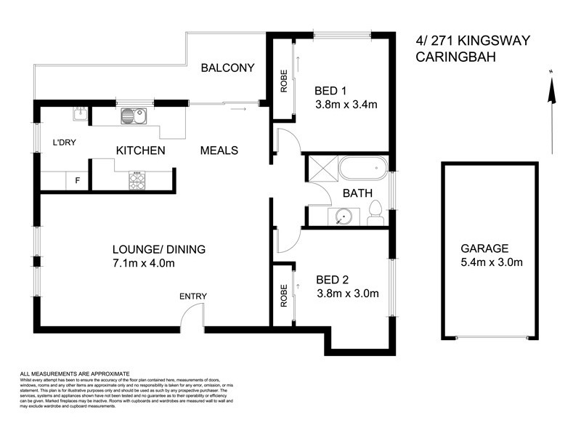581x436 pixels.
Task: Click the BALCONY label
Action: (x=227, y=68)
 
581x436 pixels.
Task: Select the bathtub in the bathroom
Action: (x=360, y=168)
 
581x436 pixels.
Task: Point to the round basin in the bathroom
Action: (x=342, y=216)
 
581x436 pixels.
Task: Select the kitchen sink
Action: (x=133, y=115)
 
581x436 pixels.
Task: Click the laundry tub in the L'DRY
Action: (x=80, y=113)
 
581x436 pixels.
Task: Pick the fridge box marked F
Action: (x=78, y=180)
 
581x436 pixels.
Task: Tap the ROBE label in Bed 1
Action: (x=284, y=82)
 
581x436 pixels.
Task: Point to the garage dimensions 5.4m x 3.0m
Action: (x=491, y=262)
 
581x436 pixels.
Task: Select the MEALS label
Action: (x=219, y=150)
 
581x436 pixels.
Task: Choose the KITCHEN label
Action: (x=141, y=150)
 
